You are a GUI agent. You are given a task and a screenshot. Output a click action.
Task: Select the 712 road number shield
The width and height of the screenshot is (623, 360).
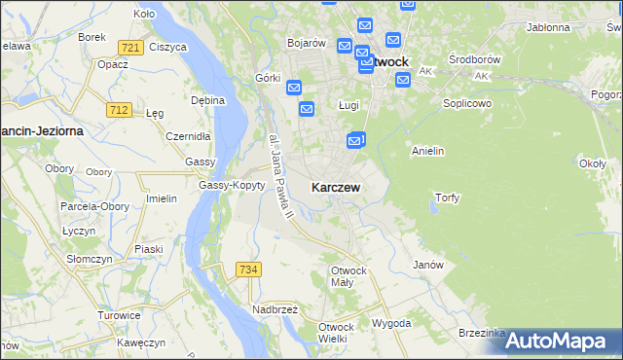(119, 110)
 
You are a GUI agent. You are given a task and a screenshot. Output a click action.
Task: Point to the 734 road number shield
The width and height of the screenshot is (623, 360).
(248, 269)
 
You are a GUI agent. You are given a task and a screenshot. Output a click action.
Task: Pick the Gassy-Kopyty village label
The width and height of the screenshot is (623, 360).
(232, 185)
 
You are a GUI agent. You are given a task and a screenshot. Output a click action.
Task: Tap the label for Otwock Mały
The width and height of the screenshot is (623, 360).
(348, 276)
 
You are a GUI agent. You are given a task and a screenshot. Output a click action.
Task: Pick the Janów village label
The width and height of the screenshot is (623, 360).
(428, 265)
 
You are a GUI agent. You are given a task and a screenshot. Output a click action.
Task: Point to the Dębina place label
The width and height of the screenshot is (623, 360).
(207, 99)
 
